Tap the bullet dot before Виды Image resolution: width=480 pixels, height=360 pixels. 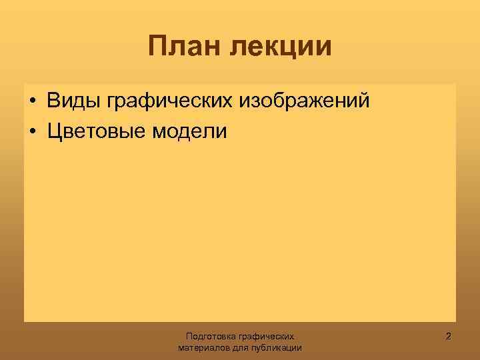pos(32,103)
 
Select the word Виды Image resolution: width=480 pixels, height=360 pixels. pos(71,102)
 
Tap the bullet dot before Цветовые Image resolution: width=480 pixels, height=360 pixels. pos(32,132)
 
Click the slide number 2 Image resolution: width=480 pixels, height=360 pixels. pos(448,337)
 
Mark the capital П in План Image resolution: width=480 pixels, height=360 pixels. pos(157,47)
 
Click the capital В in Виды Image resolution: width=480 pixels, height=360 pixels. pos(53,102)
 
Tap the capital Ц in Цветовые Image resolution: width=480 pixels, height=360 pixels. pos(54,131)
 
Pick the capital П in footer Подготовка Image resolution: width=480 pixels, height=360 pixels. pos(189,337)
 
